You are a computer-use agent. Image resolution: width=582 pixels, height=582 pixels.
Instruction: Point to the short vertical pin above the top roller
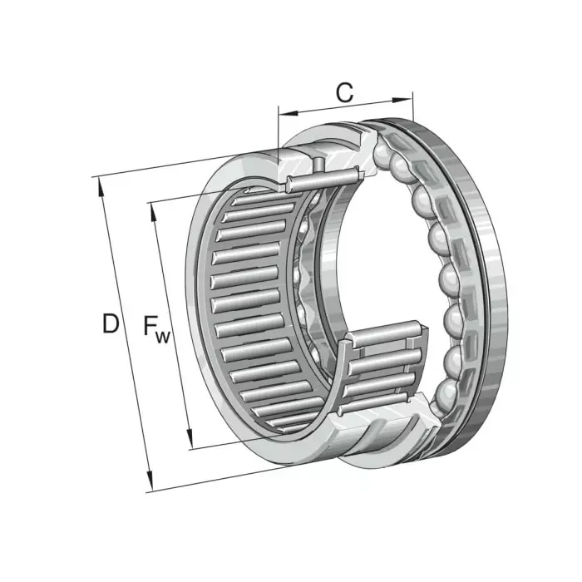click(x=318, y=163)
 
